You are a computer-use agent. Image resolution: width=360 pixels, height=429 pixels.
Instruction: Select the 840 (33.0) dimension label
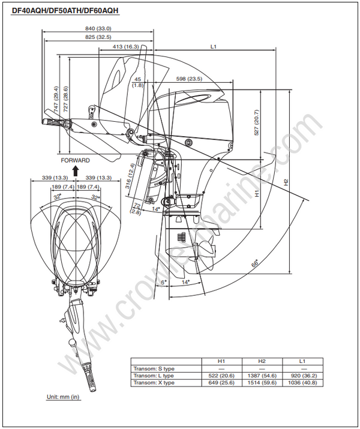point(98,28)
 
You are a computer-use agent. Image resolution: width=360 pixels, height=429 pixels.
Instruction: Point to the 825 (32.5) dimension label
point(98,37)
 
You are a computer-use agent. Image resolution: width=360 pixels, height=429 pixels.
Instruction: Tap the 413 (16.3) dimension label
point(125,46)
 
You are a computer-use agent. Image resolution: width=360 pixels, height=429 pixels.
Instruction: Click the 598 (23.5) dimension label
point(189,79)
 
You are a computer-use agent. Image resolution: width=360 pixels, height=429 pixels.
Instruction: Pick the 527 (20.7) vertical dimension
point(257,122)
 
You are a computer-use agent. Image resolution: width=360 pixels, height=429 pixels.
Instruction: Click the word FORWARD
point(75,160)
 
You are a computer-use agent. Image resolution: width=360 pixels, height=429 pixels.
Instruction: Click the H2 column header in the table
point(262,361)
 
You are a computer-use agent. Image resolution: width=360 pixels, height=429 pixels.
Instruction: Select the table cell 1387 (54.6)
point(262,375)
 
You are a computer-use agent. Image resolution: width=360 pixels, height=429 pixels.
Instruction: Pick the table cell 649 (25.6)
point(221,382)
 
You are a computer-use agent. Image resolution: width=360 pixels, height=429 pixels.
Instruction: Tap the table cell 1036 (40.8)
point(302,382)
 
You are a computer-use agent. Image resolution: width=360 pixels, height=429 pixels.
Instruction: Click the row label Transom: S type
point(155,368)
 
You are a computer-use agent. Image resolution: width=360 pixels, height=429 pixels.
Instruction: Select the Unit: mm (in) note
point(63,397)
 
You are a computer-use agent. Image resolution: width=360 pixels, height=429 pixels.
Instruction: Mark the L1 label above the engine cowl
point(213,46)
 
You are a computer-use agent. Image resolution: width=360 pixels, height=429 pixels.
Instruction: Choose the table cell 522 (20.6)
point(221,375)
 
